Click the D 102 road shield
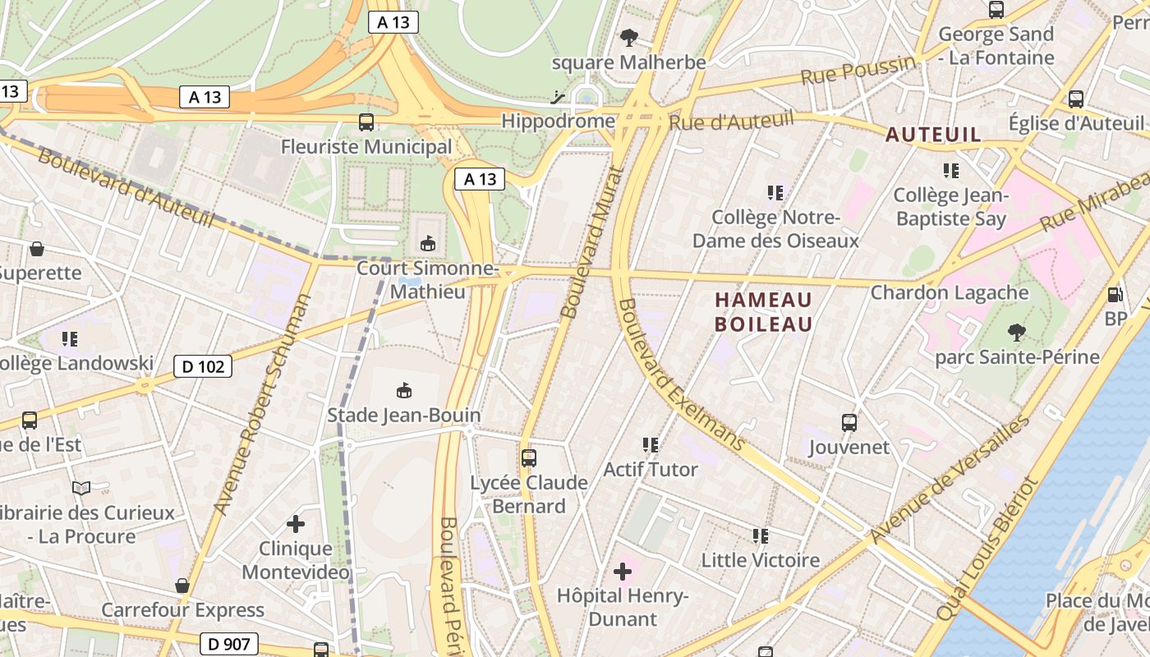pos(203,366)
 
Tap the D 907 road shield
pos(229,644)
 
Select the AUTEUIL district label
pos(933,135)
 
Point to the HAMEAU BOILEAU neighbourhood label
pos(763,312)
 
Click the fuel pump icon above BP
pos(1115,294)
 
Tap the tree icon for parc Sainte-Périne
pos(1017,333)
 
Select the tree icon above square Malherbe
pos(629,38)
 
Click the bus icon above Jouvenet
pos(849,423)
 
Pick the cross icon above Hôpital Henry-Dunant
pos(623,570)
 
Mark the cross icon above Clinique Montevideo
pos(296,523)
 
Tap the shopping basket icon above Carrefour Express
pos(182,586)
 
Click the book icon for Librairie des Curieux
pos(81,489)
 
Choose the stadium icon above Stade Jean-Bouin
pos(403,390)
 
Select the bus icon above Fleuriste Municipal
pos(366,122)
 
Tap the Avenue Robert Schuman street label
pos(263,405)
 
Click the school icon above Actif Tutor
pos(651,445)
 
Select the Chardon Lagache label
pos(950,292)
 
